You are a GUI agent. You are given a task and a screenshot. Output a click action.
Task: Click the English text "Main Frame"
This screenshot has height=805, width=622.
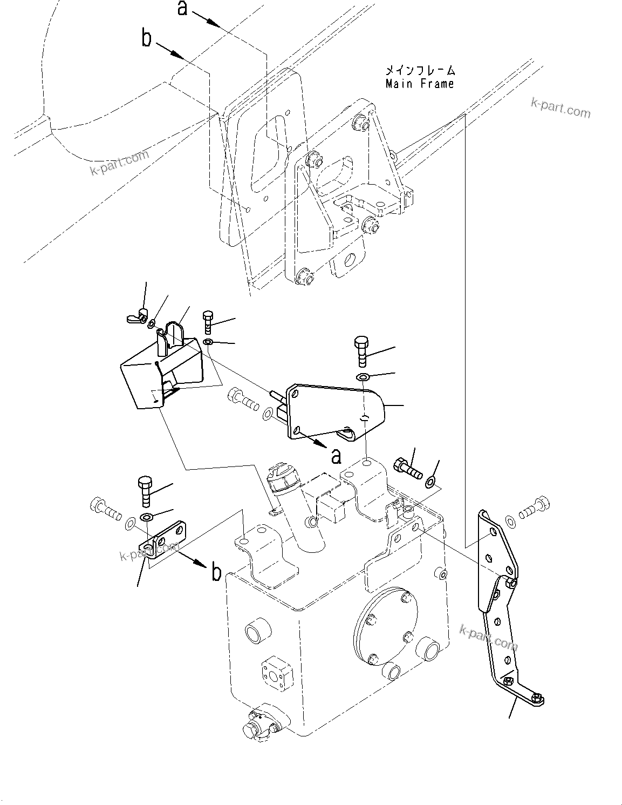420,84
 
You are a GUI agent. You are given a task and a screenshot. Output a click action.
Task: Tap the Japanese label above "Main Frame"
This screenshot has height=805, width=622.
420,70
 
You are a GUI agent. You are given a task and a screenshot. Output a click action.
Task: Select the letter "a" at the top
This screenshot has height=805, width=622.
183,8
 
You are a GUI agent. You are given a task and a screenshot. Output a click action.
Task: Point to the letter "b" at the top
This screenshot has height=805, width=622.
146,38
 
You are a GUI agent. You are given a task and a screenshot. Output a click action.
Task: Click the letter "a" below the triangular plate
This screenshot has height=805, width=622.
336,456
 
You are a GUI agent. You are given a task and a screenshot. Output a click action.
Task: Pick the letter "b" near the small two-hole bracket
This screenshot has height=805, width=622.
216,572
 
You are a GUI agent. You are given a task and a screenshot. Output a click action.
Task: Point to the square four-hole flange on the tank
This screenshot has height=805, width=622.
277,671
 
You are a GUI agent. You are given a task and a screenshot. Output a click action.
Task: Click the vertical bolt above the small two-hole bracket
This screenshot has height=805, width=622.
146,490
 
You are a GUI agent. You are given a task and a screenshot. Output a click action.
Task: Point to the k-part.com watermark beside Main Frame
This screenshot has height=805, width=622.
561,109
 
